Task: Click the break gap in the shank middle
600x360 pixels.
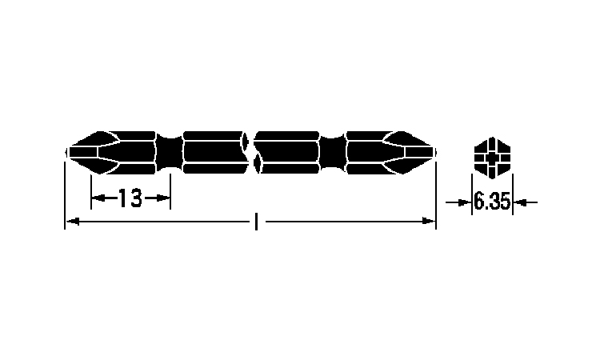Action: coord(250,150)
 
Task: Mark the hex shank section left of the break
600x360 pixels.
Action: coord(212,150)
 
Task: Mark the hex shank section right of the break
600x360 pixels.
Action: coord(288,150)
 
